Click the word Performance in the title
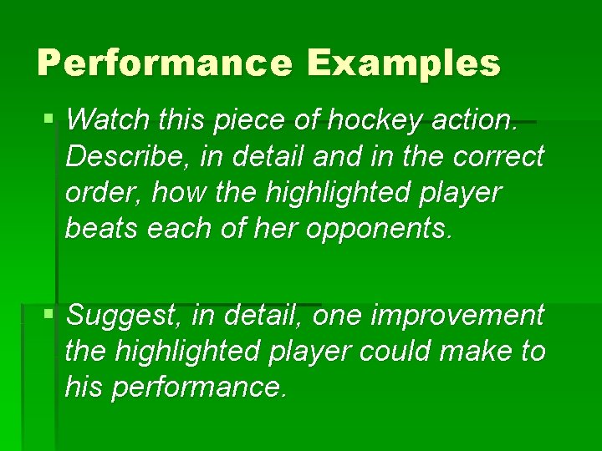[164, 63]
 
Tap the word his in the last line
[84, 388]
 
